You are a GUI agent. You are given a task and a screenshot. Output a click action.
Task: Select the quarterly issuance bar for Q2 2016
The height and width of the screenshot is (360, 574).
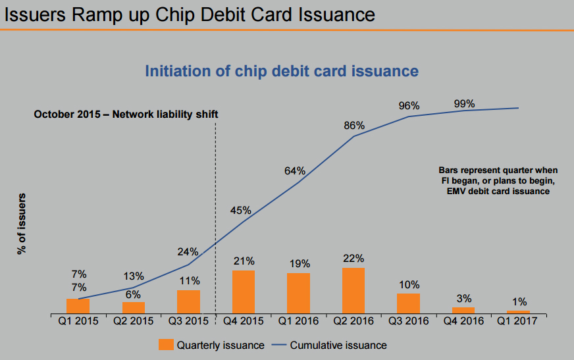[353, 290]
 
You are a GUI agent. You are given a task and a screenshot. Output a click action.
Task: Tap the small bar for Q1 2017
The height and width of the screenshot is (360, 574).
[518, 311]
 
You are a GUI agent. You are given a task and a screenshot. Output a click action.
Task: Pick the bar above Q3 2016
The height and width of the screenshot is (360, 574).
[408, 303]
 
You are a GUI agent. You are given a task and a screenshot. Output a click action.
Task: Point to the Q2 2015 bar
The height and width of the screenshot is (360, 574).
[134, 307]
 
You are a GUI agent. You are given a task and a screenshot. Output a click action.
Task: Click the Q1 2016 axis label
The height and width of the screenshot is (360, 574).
[298, 321]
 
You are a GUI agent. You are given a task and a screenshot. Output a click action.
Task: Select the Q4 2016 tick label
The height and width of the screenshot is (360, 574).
[463, 321]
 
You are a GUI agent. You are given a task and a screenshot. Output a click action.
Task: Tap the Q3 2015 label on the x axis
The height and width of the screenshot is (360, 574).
[188, 321]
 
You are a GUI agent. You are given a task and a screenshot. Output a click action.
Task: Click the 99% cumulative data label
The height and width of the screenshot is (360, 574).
[464, 103]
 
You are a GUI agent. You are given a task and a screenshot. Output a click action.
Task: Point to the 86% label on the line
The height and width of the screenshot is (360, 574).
[354, 125]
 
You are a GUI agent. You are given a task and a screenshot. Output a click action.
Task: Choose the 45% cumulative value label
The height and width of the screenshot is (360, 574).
[240, 211]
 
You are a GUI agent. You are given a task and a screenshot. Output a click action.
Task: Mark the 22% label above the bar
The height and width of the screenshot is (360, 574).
[353, 258]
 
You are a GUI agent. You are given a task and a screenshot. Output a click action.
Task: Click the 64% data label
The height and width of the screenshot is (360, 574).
[295, 171]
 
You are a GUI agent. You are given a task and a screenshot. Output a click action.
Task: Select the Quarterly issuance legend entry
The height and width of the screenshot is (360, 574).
[211, 345]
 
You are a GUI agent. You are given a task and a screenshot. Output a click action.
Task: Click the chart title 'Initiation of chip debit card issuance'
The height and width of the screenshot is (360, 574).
[282, 70]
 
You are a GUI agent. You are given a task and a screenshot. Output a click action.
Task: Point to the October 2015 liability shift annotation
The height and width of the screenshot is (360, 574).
[126, 114]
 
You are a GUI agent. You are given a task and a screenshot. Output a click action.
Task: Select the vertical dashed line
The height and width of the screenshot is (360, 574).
[216, 197]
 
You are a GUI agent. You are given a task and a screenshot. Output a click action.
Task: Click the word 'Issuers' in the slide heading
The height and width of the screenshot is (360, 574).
[32, 14]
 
